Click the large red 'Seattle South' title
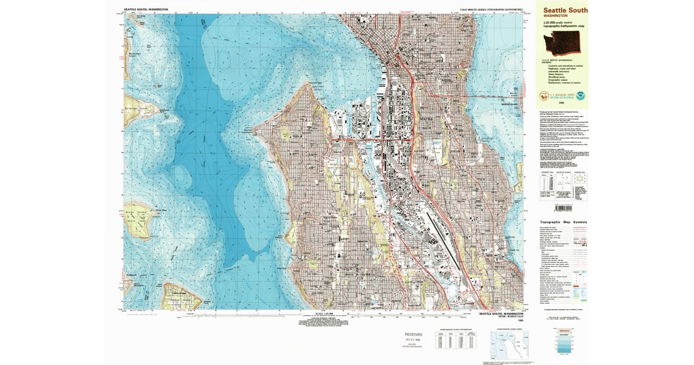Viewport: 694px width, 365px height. (564, 10)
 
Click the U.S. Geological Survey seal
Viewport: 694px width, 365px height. (544, 96)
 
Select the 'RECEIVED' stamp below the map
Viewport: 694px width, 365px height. (413, 335)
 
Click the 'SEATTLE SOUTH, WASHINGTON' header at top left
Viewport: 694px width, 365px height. (146, 10)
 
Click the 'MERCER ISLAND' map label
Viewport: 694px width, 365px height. (508, 113)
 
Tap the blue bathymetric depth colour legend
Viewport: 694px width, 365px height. (564, 341)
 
